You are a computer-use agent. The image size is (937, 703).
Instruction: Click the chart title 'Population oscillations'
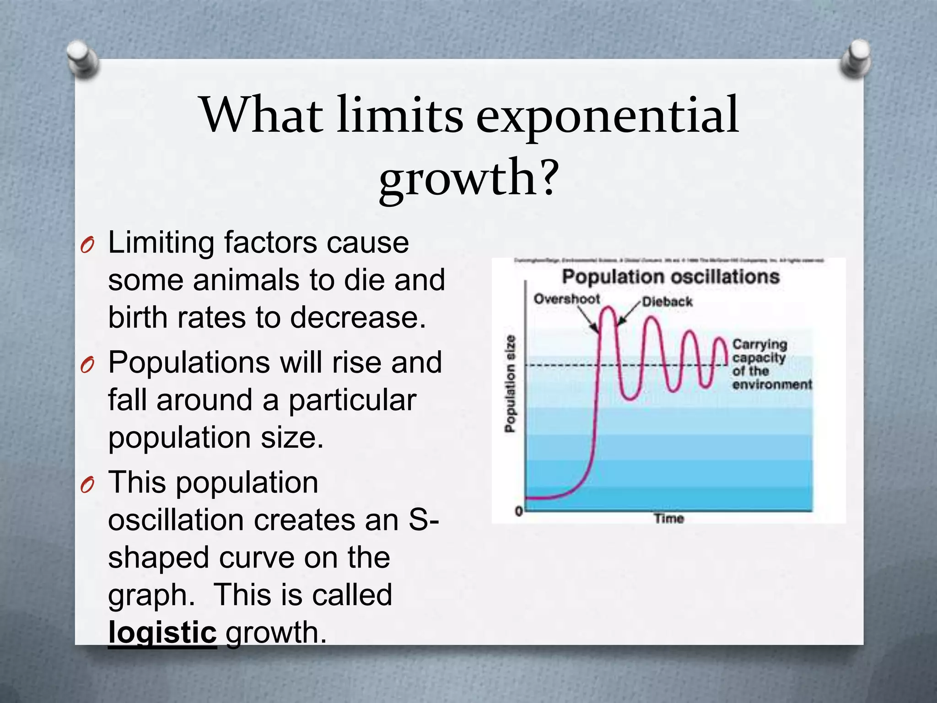(670, 277)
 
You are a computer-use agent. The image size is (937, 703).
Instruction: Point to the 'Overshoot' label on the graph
(566, 299)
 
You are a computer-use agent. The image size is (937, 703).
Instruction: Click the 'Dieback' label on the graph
(667, 302)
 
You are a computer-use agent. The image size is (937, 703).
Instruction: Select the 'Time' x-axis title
(668, 519)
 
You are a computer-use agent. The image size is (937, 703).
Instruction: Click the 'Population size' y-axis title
(510, 383)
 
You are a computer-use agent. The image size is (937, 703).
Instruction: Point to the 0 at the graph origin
(519, 511)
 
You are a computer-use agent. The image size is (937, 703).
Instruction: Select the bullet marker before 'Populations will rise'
(87, 365)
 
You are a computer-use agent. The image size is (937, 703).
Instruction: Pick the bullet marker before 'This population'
(87, 485)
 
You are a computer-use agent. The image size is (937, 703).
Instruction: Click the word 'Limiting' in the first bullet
(160, 243)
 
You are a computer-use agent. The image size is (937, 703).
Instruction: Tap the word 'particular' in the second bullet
(352, 400)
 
